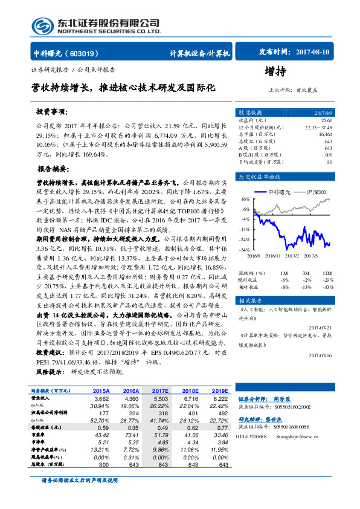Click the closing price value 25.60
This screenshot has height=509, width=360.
(327, 120)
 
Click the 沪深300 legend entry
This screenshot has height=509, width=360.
(317, 192)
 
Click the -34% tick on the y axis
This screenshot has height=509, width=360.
(245, 249)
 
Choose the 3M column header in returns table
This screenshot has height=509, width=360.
(307, 273)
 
